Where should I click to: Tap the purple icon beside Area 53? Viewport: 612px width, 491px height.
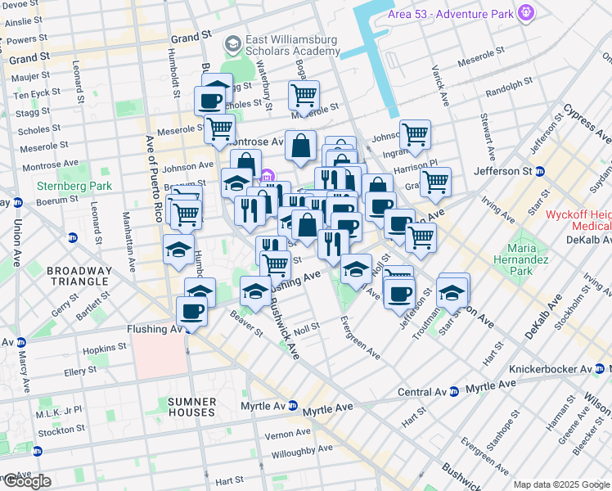point(524,13)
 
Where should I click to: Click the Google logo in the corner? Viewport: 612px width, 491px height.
point(26,481)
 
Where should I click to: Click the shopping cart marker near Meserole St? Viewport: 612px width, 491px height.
point(304,95)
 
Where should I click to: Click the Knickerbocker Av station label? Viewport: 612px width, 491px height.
point(551,369)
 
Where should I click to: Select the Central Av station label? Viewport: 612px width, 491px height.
point(422,392)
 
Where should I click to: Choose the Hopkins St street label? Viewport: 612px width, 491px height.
point(107,348)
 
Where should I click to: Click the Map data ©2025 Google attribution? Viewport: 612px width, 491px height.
point(561,484)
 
